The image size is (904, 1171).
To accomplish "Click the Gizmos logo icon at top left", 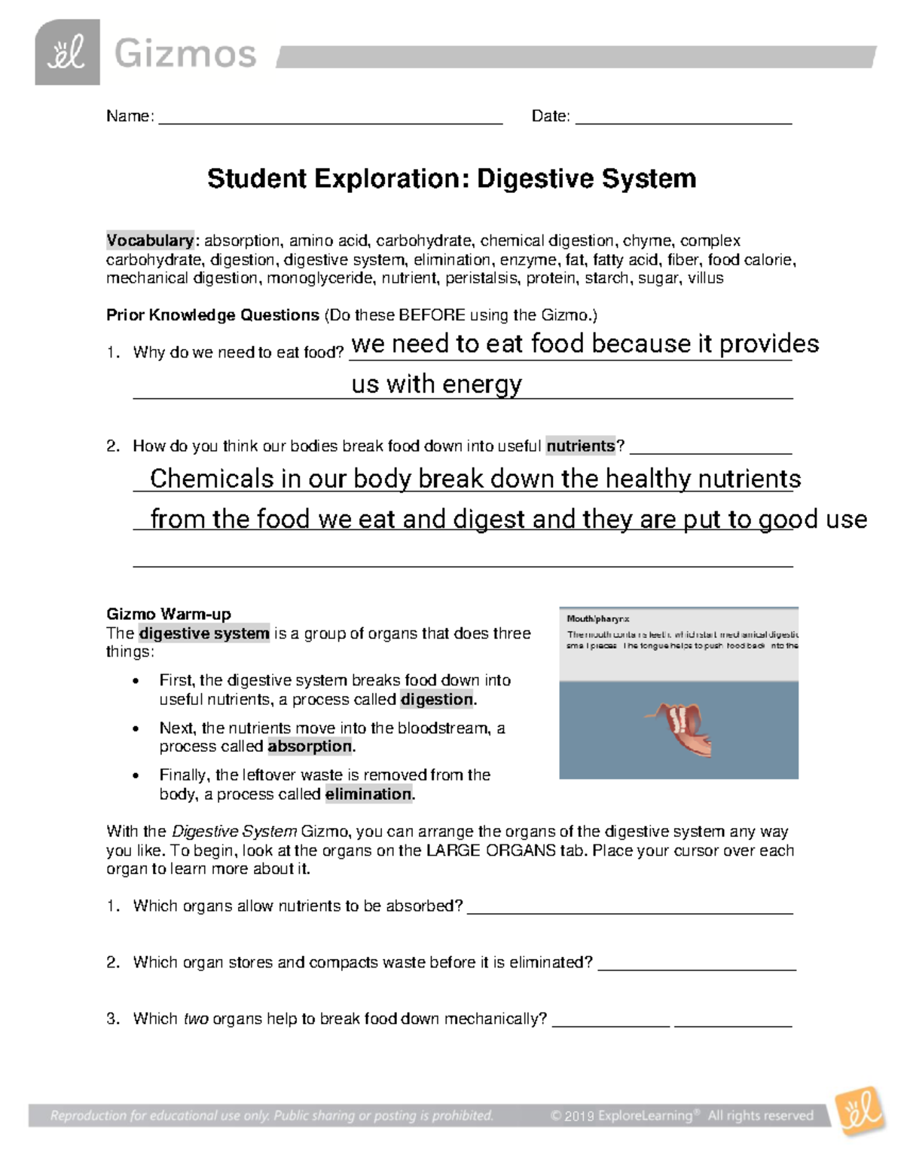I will click(67, 53).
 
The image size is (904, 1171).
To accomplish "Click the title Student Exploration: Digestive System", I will click(451, 179).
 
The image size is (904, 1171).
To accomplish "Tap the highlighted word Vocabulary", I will click(150, 241).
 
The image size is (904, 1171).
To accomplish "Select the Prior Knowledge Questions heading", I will click(213, 315).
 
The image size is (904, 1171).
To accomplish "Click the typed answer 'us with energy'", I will click(436, 385).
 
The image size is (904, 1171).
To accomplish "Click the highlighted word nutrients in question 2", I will click(581, 446).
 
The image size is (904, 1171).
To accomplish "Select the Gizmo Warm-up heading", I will click(169, 614).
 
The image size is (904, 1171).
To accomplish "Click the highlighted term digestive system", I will click(204, 633).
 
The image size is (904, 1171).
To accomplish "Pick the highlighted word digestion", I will click(437, 700).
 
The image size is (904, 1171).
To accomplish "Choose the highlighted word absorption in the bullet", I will click(310, 746).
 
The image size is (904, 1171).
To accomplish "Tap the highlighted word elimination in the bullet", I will click(368, 794).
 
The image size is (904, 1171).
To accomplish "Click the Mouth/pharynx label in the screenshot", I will click(597, 619).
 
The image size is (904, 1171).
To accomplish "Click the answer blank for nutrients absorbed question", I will click(630, 907).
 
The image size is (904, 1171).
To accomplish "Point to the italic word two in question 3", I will click(196, 1019).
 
